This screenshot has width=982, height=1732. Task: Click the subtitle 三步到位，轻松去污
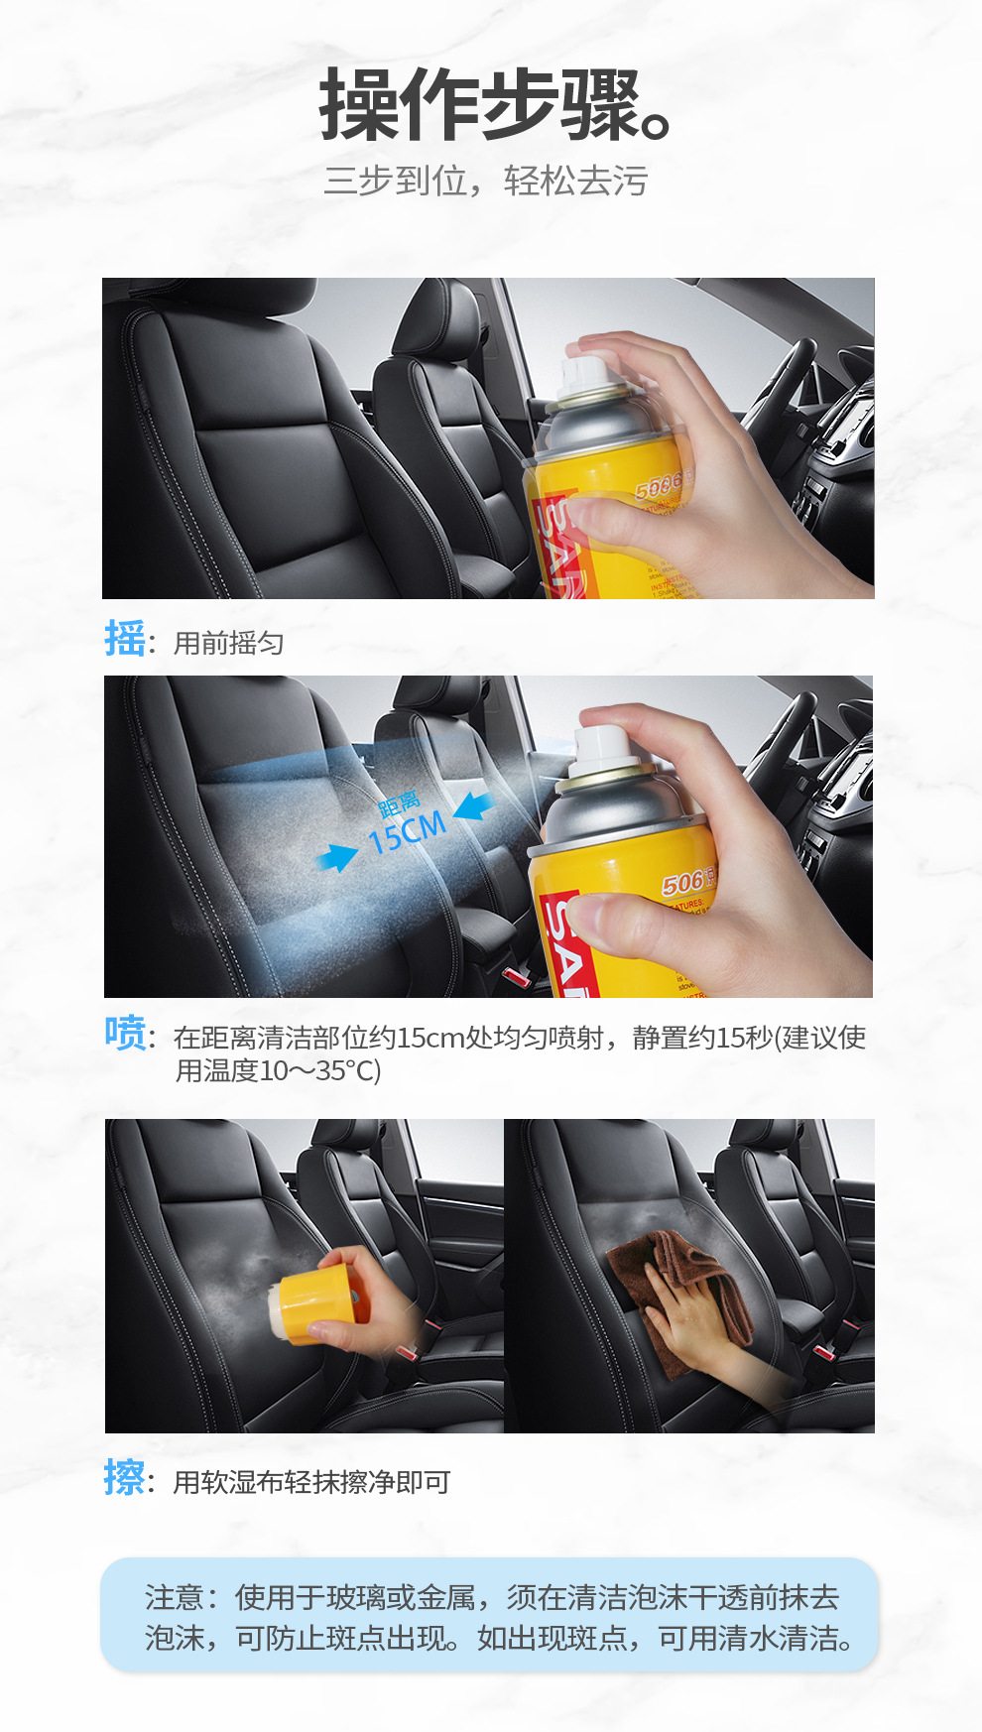pyautogui.click(x=485, y=182)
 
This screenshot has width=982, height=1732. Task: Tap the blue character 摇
pyautogui.click(x=125, y=638)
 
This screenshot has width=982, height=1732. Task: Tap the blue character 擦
pyautogui.click(x=125, y=1477)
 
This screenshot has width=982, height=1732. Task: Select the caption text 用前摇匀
pyautogui.click(x=229, y=644)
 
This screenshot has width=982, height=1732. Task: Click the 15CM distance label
pyautogui.click(x=407, y=832)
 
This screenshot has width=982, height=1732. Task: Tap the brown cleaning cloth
pyautogui.click(x=684, y=1290)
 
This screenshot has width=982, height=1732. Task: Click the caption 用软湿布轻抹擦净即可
pyautogui.click(x=311, y=1482)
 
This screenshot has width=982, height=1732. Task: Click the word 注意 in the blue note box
pyautogui.click(x=174, y=1597)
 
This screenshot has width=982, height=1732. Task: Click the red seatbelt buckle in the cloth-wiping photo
pyautogui.click(x=822, y=1351)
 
